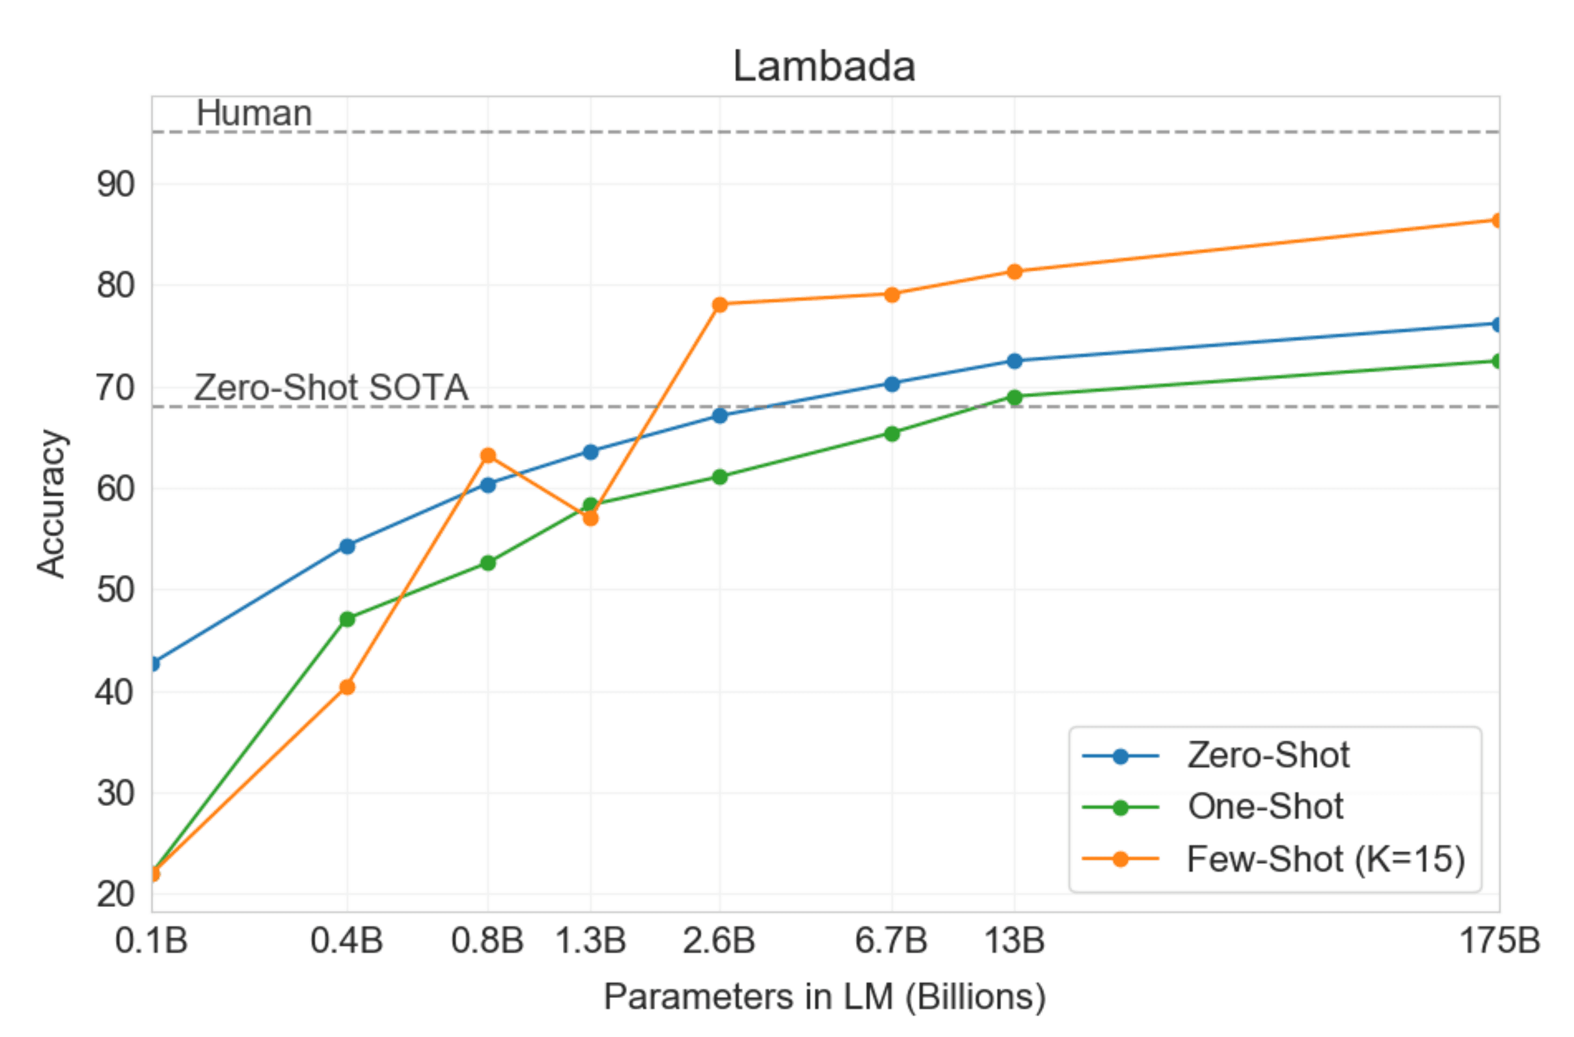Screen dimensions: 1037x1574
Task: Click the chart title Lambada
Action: [x=823, y=67]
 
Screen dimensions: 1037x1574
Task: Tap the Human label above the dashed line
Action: [x=254, y=113]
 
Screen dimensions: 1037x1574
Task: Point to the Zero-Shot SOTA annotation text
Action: [x=331, y=388]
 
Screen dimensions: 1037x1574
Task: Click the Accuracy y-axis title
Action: [x=51, y=504]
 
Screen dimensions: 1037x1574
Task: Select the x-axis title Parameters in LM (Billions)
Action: [x=824, y=997]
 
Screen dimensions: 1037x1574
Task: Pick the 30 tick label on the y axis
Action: [x=116, y=793]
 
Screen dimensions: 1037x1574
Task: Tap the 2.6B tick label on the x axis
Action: [x=719, y=941]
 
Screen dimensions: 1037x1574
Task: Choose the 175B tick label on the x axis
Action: [x=1500, y=941]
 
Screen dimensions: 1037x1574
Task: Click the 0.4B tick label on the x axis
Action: [x=347, y=941]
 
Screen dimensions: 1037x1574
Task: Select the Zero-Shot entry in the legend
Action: [x=1267, y=755]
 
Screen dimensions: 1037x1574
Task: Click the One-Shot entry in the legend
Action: [x=1265, y=807]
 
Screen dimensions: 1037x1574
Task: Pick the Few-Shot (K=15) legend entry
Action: [x=1325, y=859]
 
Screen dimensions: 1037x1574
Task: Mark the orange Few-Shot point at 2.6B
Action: [x=720, y=304]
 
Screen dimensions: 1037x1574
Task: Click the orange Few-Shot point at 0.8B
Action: [x=488, y=455]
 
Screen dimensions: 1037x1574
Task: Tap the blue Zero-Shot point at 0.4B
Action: [x=348, y=546]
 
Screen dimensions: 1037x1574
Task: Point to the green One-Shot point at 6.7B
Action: [x=892, y=434]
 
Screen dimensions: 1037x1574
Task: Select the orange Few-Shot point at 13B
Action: [x=1014, y=272]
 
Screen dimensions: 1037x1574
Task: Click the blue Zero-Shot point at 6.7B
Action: [x=892, y=384]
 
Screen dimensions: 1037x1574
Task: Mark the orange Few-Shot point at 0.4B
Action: [x=348, y=687]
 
